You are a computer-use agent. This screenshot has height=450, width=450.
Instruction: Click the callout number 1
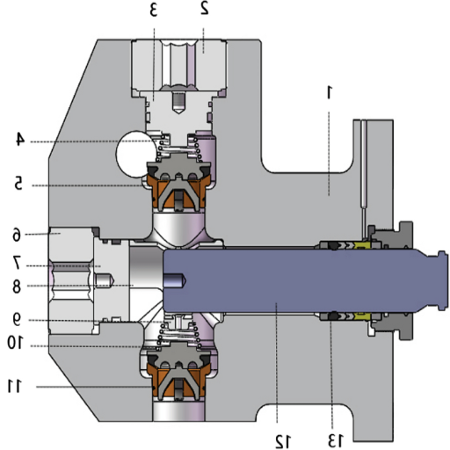pos(330,91)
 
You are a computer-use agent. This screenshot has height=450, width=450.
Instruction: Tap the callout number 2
pos(204,10)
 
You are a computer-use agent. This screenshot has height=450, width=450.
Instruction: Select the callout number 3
pos(152,10)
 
